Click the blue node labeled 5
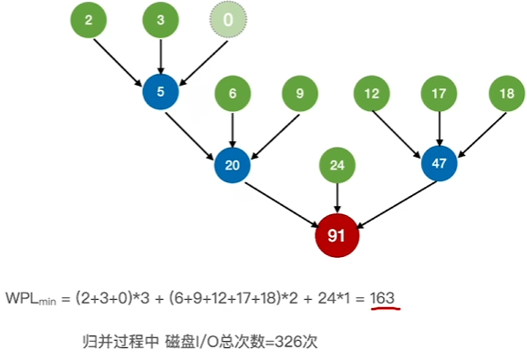(x=161, y=92)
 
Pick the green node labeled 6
(x=232, y=93)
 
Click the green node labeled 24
(x=338, y=165)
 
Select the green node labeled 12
(x=372, y=93)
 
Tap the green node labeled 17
(x=439, y=93)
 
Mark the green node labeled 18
(x=508, y=93)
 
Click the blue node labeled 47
(x=439, y=164)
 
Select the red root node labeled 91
(x=337, y=235)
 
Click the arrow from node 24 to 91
(x=338, y=198)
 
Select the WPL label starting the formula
(x=30, y=299)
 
